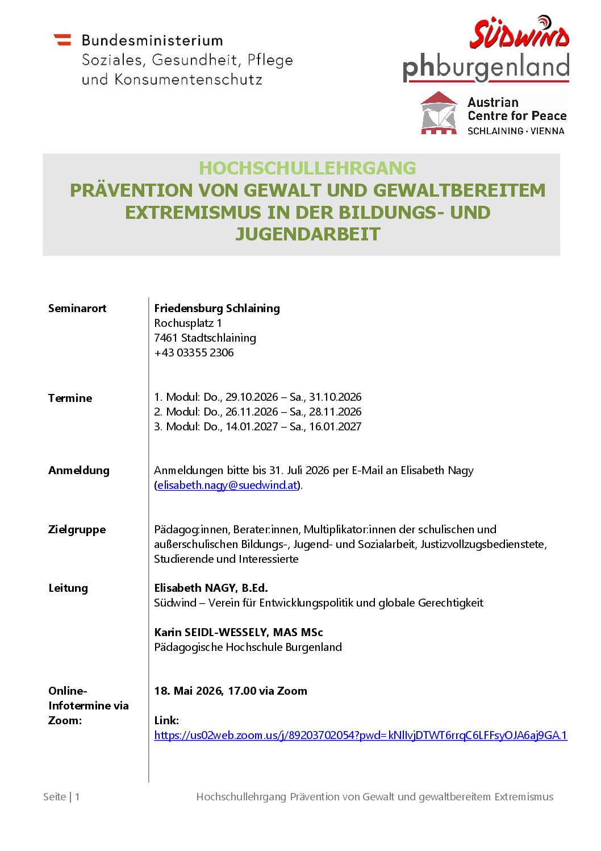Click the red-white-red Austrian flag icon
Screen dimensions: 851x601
tap(62, 40)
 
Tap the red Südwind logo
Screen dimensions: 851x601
tap(519, 33)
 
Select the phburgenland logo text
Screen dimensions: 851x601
tap(486, 68)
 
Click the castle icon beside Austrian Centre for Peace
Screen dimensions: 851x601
tap(439, 113)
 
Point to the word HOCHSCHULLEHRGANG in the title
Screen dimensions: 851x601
tap(307, 168)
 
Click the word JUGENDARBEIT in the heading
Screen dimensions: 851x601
tap(307, 234)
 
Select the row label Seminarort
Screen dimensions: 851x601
tap(77, 309)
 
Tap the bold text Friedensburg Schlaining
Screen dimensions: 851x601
tap(217, 309)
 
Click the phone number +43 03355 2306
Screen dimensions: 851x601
tap(194, 353)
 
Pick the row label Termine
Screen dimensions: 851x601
tap(70, 398)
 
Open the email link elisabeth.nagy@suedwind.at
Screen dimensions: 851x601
tap(227, 485)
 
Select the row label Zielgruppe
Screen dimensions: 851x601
tap(77, 530)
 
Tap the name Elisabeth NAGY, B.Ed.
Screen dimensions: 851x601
tap(211, 588)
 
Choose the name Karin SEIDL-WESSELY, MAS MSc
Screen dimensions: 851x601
tap(239, 633)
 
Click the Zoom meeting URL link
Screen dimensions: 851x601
tap(360, 736)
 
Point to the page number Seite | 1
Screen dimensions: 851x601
tap(61, 797)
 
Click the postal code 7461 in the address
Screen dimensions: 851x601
tap(166, 338)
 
